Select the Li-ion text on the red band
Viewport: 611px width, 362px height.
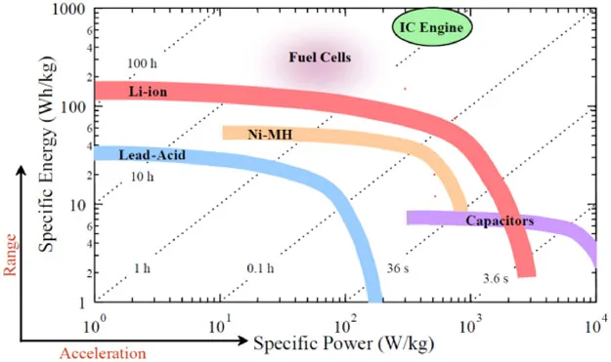(148, 91)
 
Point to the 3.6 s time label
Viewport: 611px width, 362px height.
(497, 280)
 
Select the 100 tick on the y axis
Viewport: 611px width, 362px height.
(71, 106)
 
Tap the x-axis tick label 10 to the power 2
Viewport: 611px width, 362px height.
(345, 322)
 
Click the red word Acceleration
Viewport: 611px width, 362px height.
(103, 352)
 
